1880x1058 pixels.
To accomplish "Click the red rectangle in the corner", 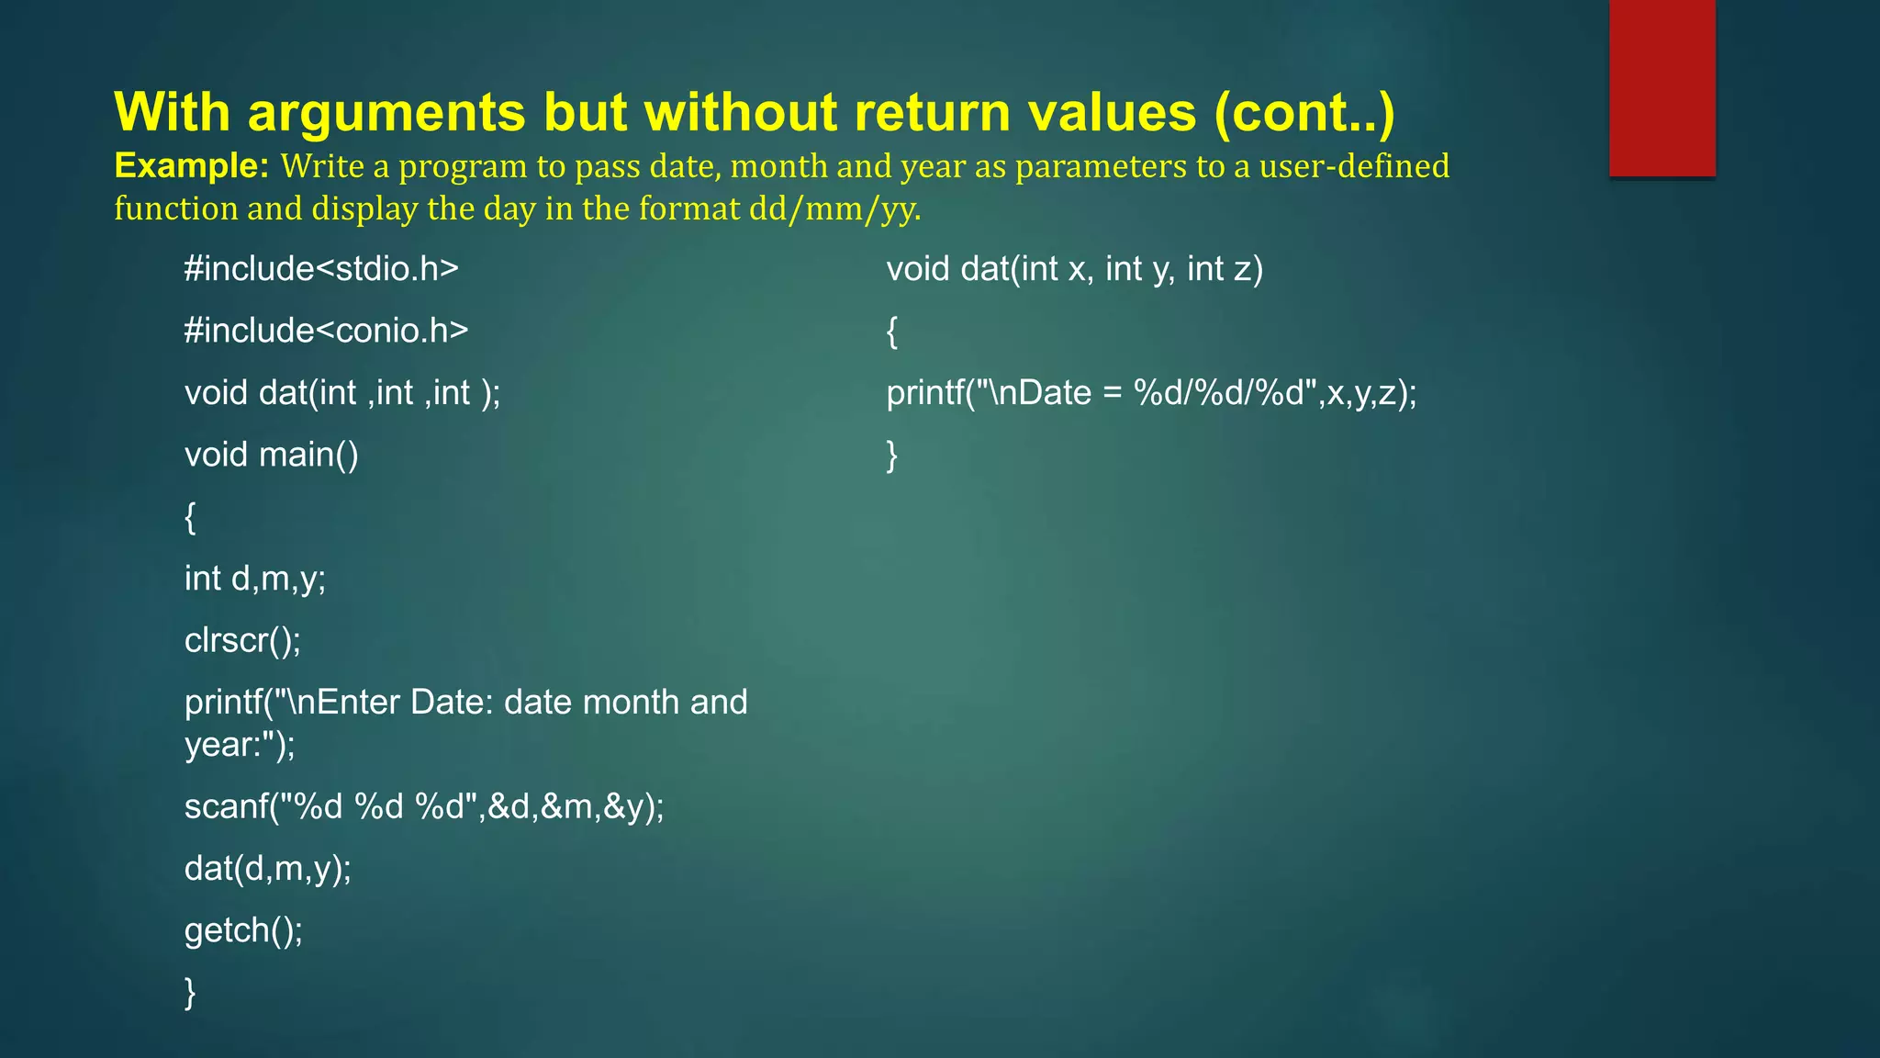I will click(1662, 88).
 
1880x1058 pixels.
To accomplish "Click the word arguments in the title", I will click(386, 112).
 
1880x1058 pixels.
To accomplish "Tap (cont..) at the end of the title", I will click(1304, 112).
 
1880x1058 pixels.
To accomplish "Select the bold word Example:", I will click(191, 166).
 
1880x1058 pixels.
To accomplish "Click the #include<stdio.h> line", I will click(321, 269).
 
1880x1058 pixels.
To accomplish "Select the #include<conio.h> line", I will click(326, 331).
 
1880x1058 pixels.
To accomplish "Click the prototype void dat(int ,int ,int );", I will click(342, 393).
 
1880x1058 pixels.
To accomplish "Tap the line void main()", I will click(271, 455).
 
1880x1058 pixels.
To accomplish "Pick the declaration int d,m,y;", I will click(255, 579).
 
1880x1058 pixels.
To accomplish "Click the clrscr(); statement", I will click(242, 640).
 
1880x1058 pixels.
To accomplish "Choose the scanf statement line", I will click(424, 806).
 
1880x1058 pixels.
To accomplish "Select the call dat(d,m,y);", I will click(268, 868).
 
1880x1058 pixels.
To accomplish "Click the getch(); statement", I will click(243, 930).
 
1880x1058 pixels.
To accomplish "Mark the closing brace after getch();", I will click(190, 993).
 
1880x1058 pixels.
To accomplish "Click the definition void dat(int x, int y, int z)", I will click(1074, 269).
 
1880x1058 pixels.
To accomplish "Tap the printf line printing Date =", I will click(1151, 393).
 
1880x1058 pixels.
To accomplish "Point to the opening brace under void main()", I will click(190, 517).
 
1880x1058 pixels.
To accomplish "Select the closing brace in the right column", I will click(891, 455).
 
